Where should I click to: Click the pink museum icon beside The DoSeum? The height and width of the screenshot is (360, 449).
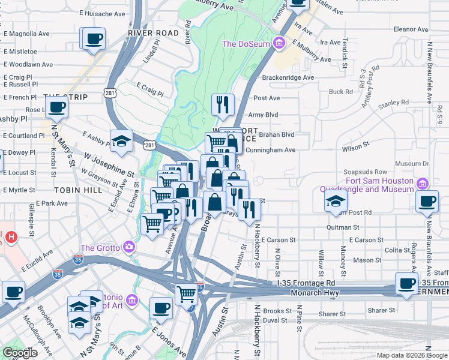click(278, 43)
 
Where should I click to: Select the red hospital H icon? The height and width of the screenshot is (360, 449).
click(10, 238)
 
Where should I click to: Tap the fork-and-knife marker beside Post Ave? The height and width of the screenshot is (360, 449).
click(223, 104)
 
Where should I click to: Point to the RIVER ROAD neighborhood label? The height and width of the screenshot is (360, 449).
click(154, 33)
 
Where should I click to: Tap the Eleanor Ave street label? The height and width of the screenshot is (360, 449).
click(410, 29)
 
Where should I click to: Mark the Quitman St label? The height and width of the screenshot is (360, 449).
click(343, 227)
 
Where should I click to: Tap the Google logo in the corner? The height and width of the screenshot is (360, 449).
click(20, 353)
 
